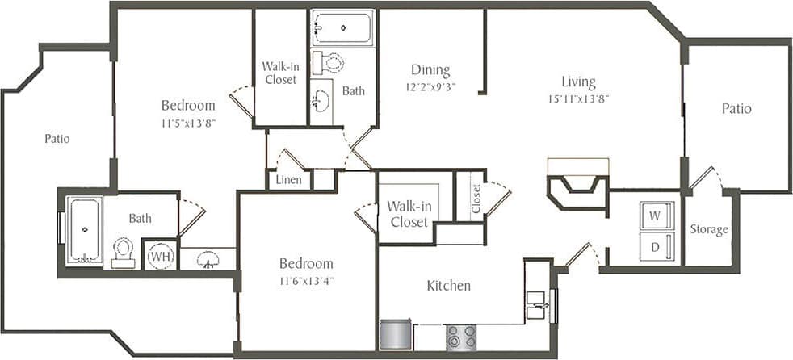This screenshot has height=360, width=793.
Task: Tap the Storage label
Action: click(709, 230)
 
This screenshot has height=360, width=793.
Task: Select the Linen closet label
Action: click(289, 179)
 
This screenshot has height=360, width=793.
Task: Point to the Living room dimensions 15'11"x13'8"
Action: click(578, 99)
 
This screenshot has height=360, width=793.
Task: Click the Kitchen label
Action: click(448, 286)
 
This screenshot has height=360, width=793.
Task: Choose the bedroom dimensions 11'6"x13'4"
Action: click(307, 281)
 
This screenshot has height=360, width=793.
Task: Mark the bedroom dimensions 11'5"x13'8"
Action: click(188, 123)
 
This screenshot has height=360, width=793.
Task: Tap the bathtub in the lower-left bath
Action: click(84, 229)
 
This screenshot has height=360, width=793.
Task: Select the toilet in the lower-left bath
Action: click(123, 252)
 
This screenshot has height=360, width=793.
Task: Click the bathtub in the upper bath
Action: click(343, 27)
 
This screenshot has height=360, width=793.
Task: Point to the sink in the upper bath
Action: click(322, 103)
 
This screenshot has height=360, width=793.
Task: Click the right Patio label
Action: click(736, 108)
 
